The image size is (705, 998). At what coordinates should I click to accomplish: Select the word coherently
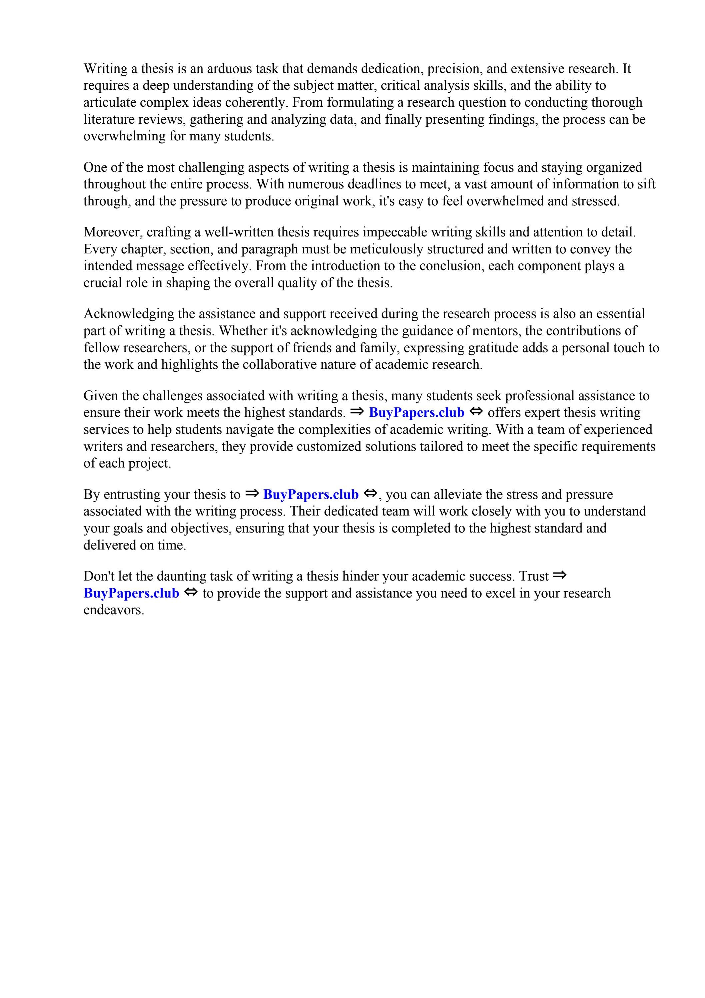pos(254,103)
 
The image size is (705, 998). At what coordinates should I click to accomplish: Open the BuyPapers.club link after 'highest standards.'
pos(416,412)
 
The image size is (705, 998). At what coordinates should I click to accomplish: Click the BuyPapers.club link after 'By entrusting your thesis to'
pos(311,494)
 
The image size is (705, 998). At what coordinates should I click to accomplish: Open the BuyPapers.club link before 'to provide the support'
pos(131,593)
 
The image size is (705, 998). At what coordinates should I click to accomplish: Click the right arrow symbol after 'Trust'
pos(559,576)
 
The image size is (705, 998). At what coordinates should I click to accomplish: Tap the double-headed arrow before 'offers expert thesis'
pos(476,411)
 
